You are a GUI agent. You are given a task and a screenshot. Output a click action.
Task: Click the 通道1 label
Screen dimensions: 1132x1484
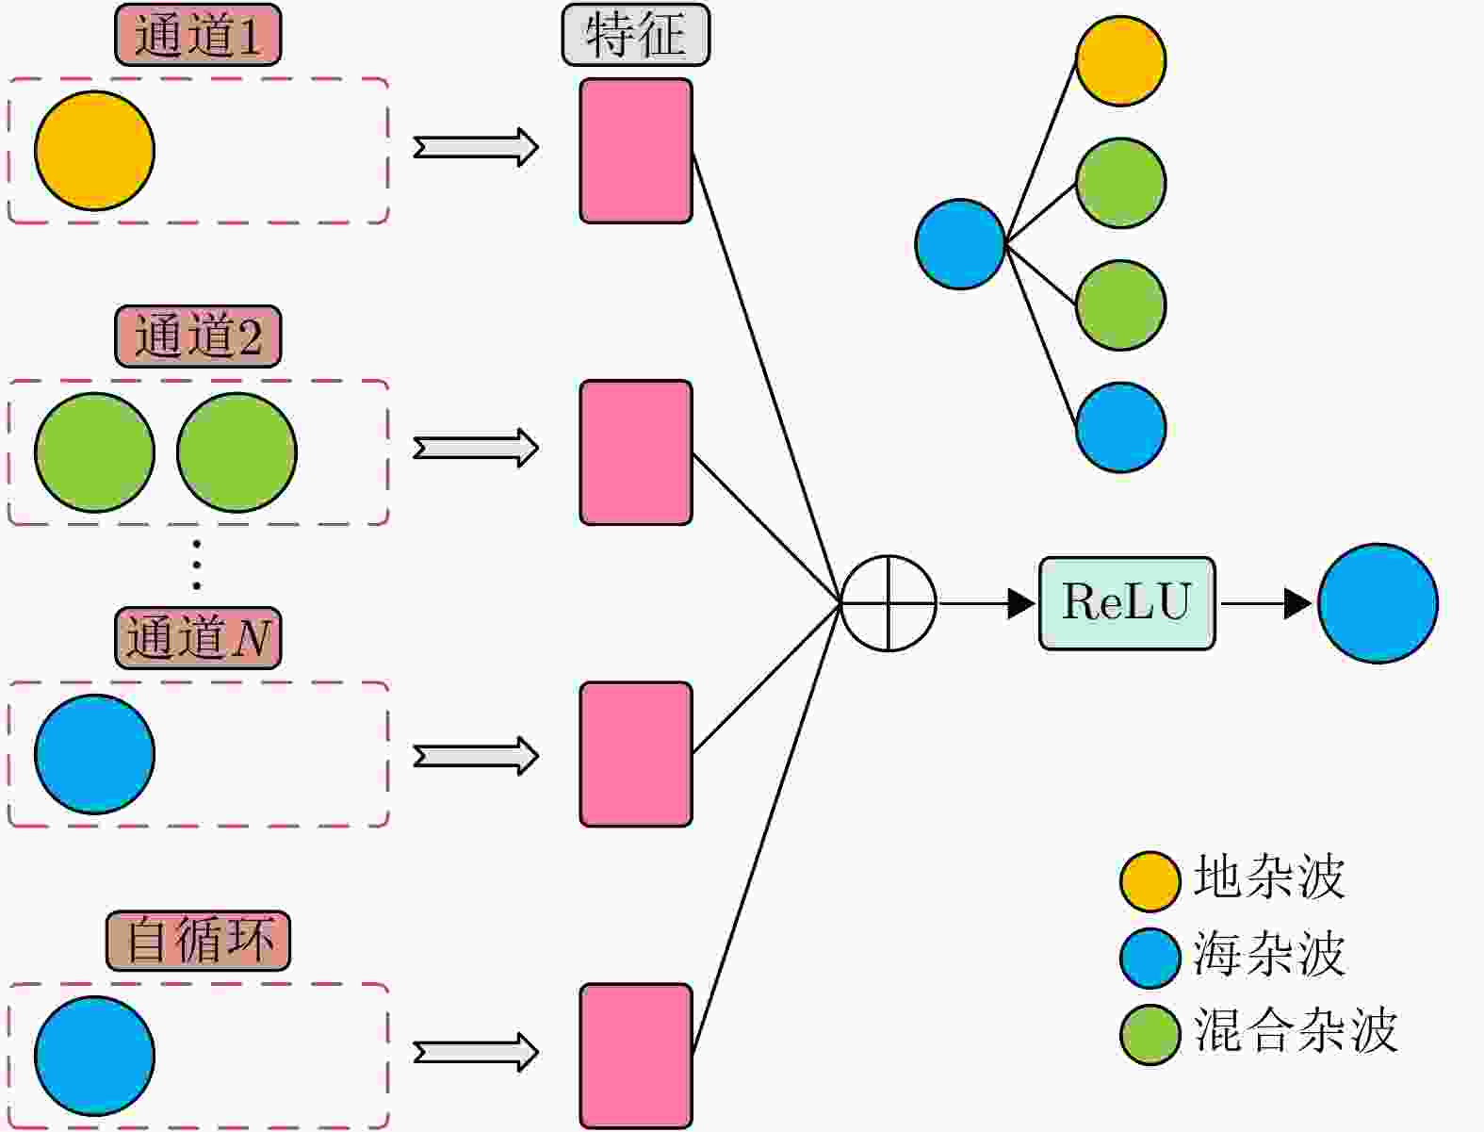pyautogui.click(x=198, y=36)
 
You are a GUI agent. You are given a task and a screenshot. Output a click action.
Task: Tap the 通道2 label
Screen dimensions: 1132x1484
pyautogui.click(x=198, y=336)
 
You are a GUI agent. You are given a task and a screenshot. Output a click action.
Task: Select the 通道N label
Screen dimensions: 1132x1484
pyautogui.click(x=198, y=638)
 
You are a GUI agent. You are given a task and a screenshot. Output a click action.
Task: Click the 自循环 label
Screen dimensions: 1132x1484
pyautogui.click(x=198, y=941)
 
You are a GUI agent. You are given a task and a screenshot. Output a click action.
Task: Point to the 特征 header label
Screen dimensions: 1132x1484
pyautogui.click(x=635, y=36)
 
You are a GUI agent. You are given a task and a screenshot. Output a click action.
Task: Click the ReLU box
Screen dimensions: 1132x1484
pyautogui.click(x=1127, y=603)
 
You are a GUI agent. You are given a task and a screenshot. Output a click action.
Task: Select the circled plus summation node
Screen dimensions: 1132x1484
pyautogui.click(x=888, y=603)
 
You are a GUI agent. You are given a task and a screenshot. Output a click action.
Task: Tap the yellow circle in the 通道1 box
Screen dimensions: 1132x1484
pyautogui.click(x=94, y=151)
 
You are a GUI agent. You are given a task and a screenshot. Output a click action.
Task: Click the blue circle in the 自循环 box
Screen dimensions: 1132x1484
pyautogui.click(x=94, y=1056)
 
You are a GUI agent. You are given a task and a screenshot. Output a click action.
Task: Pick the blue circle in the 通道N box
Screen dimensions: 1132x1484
pyautogui.click(x=94, y=754)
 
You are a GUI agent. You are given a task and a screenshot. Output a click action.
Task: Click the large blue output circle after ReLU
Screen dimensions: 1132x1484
pyautogui.click(x=1378, y=603)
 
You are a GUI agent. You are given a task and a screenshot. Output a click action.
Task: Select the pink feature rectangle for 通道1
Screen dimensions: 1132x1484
pyautogui.click(x=636, y=151)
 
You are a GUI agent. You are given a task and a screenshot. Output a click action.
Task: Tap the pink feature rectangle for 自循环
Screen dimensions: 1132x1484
pyautogui.click(x=636, y=1056)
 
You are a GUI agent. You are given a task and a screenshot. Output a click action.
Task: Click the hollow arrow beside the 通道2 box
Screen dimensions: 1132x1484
pyautogui.click(x=476, y=448)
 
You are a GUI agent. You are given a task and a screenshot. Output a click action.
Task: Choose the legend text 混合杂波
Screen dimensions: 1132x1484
pyautogui.click(x=1295, y=1030)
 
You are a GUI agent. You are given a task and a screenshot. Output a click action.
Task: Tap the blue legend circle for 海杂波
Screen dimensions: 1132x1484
pyautogui.click(x=1150, y=958)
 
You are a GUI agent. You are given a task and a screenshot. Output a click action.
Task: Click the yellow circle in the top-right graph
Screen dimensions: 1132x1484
pyautogui.click(x=1120, y=60)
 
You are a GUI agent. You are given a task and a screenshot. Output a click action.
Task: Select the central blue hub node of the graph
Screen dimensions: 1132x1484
pyautogui.click(x=960, y=244)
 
